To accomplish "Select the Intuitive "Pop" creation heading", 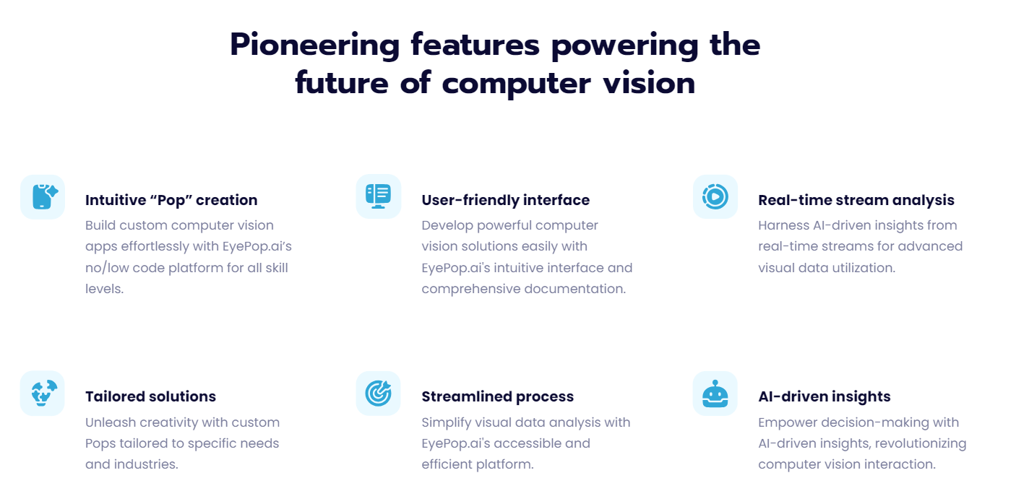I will tap(171, 200).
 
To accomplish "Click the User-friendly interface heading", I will tap(505, 200).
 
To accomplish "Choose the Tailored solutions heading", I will tap(150, 396).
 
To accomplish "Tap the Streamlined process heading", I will tap(497, 396).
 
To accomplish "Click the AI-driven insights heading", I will tap(824, 396).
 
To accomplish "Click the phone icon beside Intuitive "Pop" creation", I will tap(43, 196).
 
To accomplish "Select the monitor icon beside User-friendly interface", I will tap(378, 196).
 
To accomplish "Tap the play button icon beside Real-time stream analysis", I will tap(715, 196).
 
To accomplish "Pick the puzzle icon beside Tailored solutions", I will tap(43, 393).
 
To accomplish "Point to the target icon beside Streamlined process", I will tap(378, 393).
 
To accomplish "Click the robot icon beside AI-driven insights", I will tap(715, 394).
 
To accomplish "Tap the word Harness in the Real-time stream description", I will tap(784, 225).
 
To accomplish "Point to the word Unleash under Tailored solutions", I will tap(110, 422).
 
